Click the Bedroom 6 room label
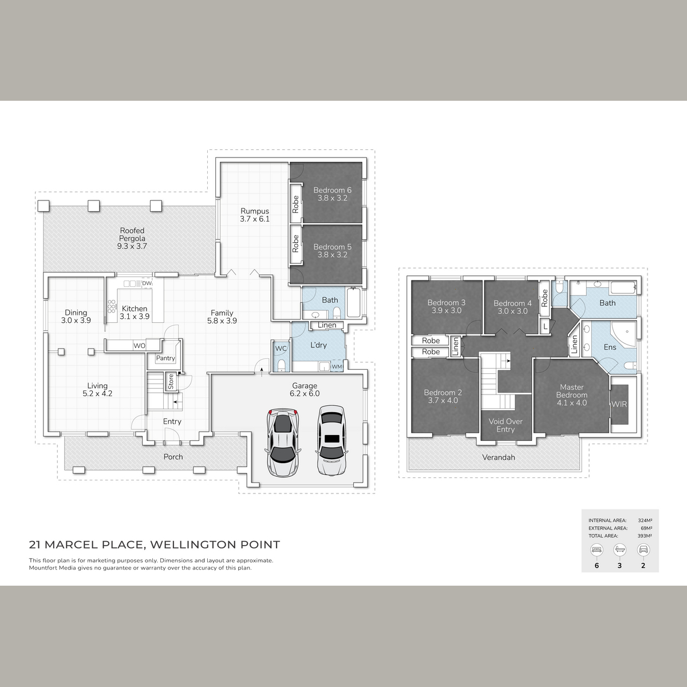pos(332,191)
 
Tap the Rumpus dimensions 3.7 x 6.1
pos(255,219)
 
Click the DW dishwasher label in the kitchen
pos(147,283)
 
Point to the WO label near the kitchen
pos(139,346)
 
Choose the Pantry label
pos(165,358)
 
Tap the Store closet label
pos(171,381)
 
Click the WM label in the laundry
pos(337,366)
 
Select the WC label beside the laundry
pos(281,349)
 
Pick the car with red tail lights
pos(282,443)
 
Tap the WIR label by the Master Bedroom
pos(619,405)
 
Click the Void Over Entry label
pos(506,425)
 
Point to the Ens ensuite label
pos(610,348)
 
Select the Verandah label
pos(499,457)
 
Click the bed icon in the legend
pos(597,550)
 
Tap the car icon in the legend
pos(643,550)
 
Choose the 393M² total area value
pos(645,536)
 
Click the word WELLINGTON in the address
pos(192,545)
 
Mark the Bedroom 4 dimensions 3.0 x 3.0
pos(512,311)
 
